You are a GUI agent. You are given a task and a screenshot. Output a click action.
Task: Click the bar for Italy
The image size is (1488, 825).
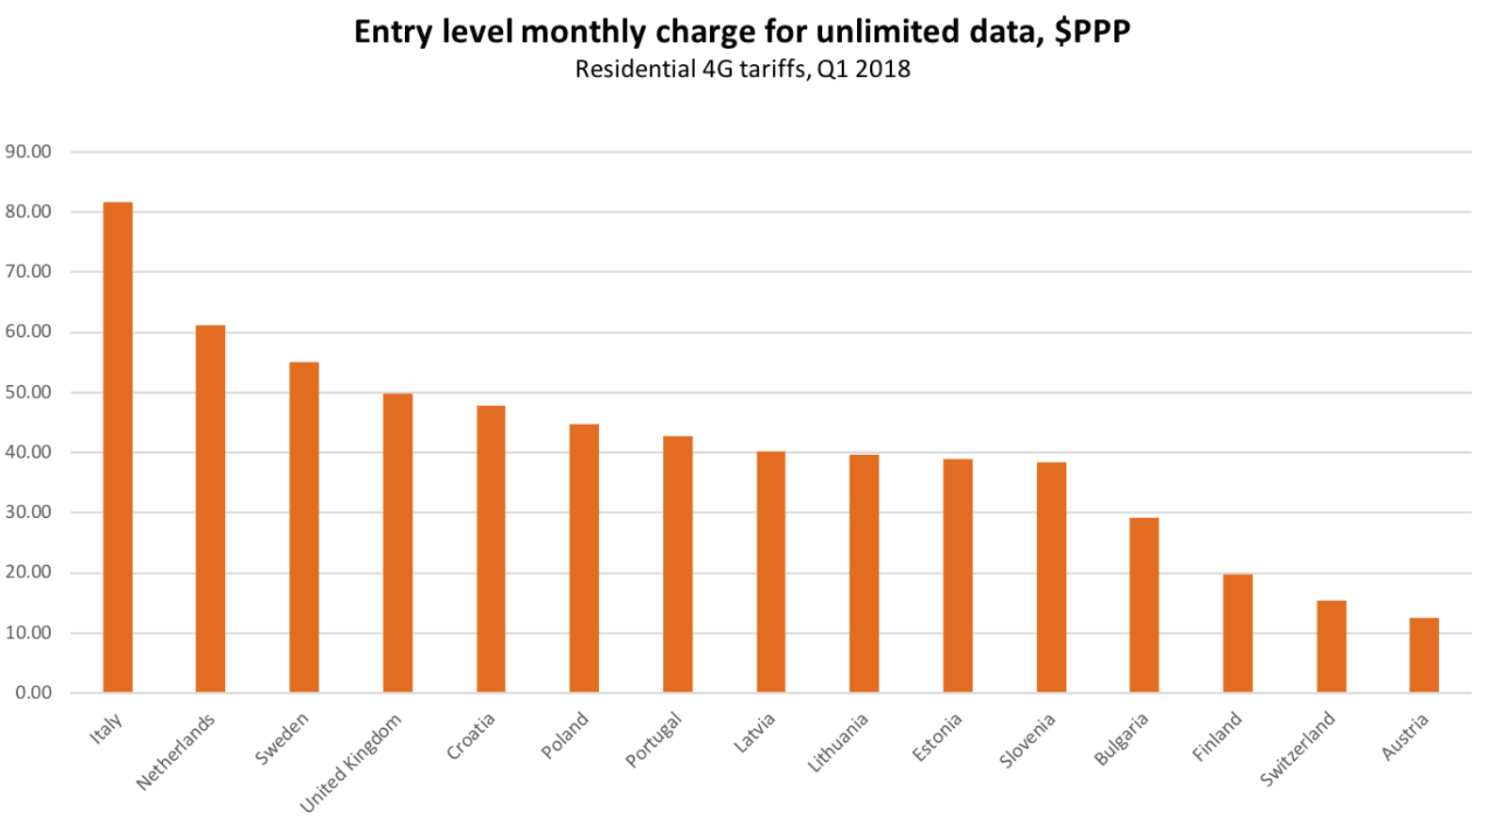coord(118,447)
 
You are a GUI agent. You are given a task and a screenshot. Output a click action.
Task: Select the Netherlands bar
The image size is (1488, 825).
coord(210,509)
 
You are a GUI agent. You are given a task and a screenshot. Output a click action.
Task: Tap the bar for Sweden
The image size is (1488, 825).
coord(304,527)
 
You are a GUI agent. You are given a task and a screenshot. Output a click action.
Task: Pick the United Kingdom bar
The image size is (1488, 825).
coord(397,542)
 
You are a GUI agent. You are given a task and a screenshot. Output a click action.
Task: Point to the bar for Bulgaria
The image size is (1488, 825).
coord(1144,605)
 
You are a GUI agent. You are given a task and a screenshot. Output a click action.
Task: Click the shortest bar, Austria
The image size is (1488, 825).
coord(1424,655)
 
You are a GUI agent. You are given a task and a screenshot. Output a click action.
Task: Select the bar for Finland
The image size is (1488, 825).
coord(1237,633)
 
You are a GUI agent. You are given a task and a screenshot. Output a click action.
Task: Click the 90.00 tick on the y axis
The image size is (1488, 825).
coord(28,152)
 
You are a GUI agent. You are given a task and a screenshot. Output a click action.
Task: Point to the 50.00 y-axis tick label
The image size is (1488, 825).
coord(28,392)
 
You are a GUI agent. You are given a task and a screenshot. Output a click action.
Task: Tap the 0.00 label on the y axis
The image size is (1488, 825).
coord(33,692)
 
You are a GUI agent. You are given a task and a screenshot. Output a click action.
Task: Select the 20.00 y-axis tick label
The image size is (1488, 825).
coord(28,572)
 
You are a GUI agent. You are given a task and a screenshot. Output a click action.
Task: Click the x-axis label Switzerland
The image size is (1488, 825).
coord(1298,749)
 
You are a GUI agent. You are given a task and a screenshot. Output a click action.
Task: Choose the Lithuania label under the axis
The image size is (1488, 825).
coord(837,743)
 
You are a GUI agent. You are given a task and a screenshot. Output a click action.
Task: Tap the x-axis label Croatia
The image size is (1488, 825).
coord(470,736)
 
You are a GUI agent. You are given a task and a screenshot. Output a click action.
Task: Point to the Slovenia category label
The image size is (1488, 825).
coord(1027,740)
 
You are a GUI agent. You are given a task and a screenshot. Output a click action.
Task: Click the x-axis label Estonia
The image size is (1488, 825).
coord(937,736)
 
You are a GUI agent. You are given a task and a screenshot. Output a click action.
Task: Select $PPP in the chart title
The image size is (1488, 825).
coord(1092,31)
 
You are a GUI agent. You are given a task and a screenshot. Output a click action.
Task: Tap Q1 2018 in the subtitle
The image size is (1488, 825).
coord(864,69)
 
